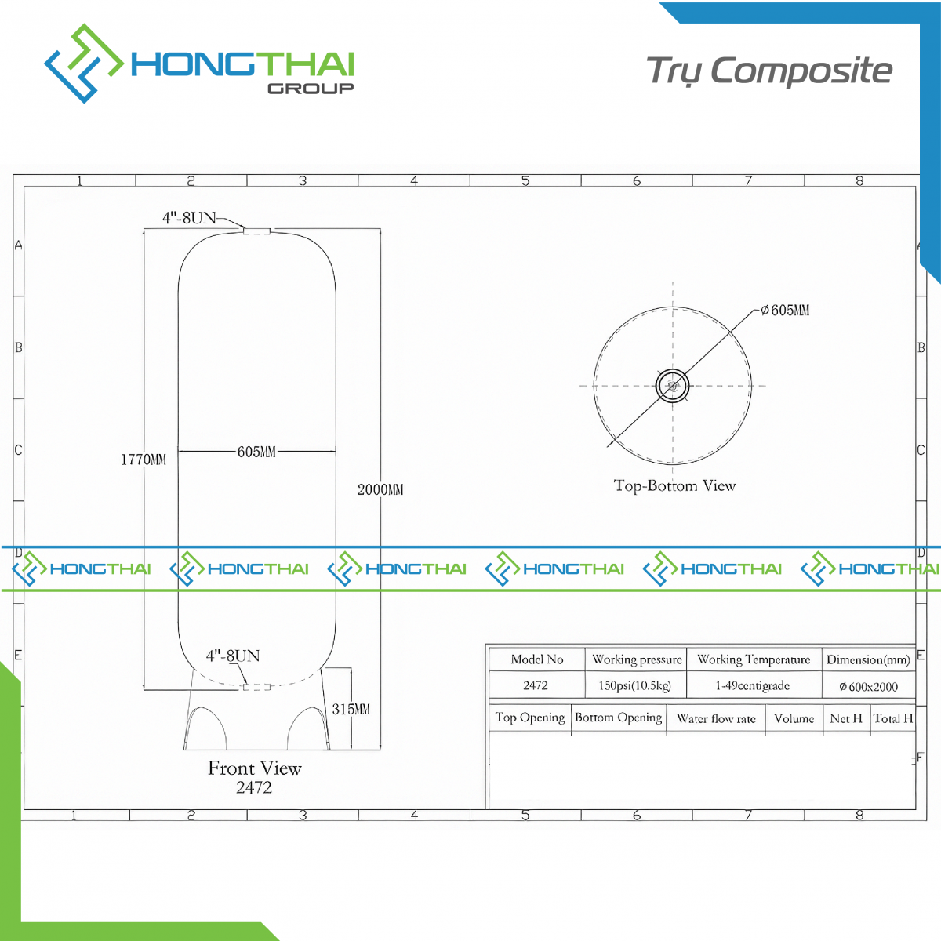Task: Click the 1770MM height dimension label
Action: tap(144, 460)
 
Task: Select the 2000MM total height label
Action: tap(380, 489)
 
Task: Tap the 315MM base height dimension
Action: tap(351, 709)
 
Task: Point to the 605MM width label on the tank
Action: tap(256, 452)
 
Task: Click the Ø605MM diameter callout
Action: tap(785, 310)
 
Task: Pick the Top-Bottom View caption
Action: tap(674, 485)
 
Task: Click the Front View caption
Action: tap(254, 768)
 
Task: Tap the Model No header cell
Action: tap(536, 659)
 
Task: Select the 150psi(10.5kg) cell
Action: tap(635, 685)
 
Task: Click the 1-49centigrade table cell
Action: tap(753, 685)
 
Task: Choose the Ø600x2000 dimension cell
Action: tap(868, 687)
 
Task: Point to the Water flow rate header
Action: tap(716, 718)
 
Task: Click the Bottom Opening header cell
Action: tap(618, 717)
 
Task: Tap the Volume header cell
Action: tap(794, 718)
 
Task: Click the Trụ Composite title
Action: tap(769, 71)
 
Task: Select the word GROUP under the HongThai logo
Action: tap(311, 89)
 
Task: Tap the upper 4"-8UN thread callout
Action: tap(189, 218)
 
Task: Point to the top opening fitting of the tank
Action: tap(256, 231)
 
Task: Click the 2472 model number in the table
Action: tap(536, 685)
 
